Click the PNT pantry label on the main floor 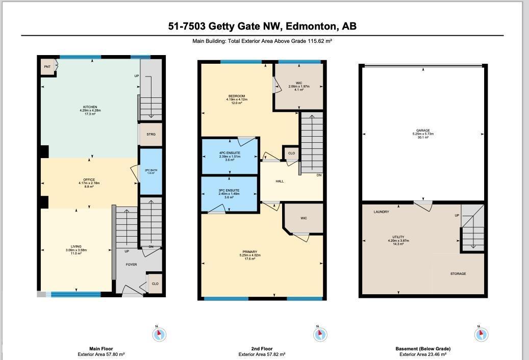[x=47, y=67]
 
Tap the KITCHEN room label [x=90, y=108]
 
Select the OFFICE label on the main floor [x=89, y=180]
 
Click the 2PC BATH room [x=150, y=171]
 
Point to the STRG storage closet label [x=150, y=134]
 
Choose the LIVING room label [x=76, y=247]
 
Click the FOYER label [x=131, y=265]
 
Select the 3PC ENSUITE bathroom [x=230, y=191]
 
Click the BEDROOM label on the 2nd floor [x=237, y=96]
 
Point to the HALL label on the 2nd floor [x=280, y=181]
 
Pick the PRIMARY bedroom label [x=250, y=252]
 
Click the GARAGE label [x=423, y=131]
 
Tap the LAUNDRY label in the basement [x=381, y=212]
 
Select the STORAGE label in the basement [x=458, y=274]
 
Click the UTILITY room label [x=398, y=237]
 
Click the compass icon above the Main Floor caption [x=160, y=335]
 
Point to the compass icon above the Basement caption [x=481, y=335]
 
